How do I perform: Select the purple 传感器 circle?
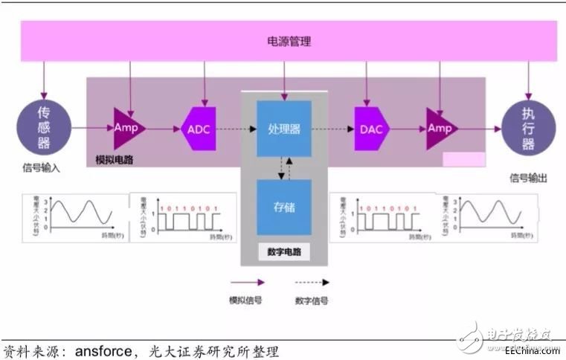[x=42, y=128]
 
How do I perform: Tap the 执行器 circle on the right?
[x=528, y=128]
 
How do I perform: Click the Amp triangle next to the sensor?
[x=127, y=128]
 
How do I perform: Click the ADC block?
[x=199, y=129]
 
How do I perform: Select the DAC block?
[x=370, y=129]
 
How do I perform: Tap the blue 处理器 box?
[x=283, y=129]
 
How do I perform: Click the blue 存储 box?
[x=283, y=207]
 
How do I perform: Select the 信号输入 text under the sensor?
[x=41, y=168]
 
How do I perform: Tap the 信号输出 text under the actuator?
[x=528, y=178]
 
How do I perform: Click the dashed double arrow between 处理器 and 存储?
[x=280, y=168]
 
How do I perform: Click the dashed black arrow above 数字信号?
[x=311, y=283]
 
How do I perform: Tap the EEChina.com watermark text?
[x=531, y=350]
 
